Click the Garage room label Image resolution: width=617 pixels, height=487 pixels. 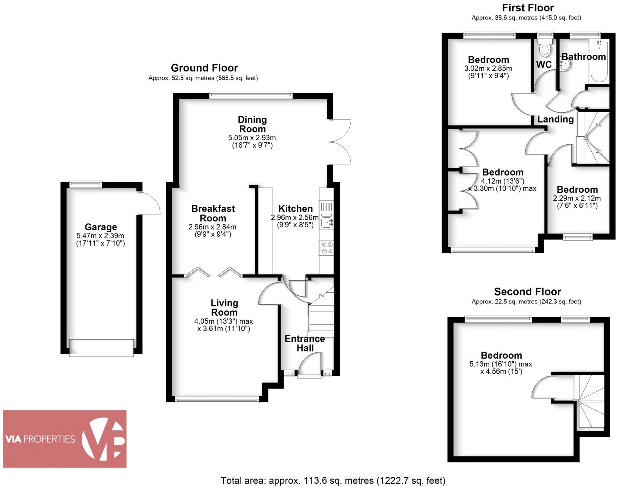point(101,227)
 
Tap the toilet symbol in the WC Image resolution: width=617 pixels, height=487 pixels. point(545,48)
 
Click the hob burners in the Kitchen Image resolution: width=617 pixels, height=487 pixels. point(327,248)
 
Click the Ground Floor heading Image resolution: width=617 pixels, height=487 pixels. point(204,68)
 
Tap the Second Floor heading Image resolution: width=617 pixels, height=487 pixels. point(527,292)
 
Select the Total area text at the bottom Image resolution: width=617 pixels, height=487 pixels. point(333,480)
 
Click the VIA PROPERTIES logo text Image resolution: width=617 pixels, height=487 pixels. point(40,439)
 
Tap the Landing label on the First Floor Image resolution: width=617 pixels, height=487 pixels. point(555,119)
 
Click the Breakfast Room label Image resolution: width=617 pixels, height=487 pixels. point(213,213)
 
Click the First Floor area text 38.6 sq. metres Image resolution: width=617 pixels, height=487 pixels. point(526,18)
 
